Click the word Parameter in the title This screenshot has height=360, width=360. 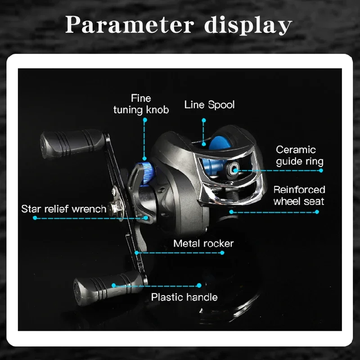pos(130,25)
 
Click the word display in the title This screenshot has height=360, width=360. pos(248,25)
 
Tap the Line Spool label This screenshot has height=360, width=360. pos(209,105)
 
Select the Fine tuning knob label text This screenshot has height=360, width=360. pos(141,104)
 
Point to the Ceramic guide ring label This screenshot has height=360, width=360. pos(299,156)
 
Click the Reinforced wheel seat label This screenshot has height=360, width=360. pos(299,195)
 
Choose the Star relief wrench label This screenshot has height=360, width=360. pos(64,209)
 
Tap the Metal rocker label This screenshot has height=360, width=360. pos(203,243)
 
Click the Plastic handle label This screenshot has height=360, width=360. pos(184,297)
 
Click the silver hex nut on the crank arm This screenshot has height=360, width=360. pos(116,208)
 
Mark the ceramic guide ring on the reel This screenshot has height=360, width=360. pos(233,170)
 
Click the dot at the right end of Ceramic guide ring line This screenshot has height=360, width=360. pos(321,171)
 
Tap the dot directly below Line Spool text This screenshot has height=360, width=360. pos(204,120)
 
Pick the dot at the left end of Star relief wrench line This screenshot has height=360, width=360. pos(35,218)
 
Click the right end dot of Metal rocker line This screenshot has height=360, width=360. pos(222,253)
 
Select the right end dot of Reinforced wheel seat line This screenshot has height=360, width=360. pos(317,212)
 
